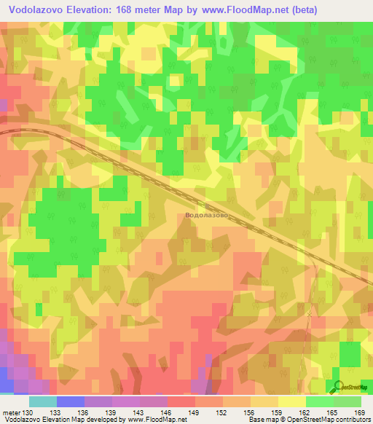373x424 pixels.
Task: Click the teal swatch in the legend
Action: [42, 401]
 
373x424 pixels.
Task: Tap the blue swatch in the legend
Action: [70, 401]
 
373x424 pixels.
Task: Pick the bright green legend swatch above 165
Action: [319, 401]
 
